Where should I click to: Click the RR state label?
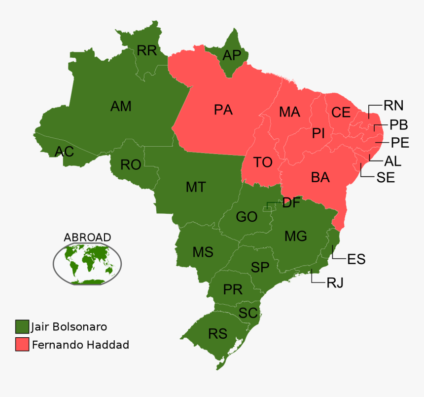point(146,50)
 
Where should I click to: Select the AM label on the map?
point(121,106)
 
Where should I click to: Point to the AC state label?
point(64,151)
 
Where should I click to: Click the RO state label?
point(131,165)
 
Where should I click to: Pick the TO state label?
point(263,162)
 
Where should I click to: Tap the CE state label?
point(341,113)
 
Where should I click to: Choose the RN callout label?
point(393,105)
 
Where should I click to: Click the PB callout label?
point(398,124)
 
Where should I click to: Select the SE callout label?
point(386,178)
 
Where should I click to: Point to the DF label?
point(291,202)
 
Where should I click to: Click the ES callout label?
point(356,259)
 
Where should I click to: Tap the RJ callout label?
point(334,283)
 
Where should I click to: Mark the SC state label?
point(247,313)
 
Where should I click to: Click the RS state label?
point(217,334)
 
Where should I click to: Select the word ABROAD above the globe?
point(87,238)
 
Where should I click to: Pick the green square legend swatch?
point(22,327)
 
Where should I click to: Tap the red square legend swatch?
point(22,345)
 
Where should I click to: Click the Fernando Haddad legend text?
point(80,345)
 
